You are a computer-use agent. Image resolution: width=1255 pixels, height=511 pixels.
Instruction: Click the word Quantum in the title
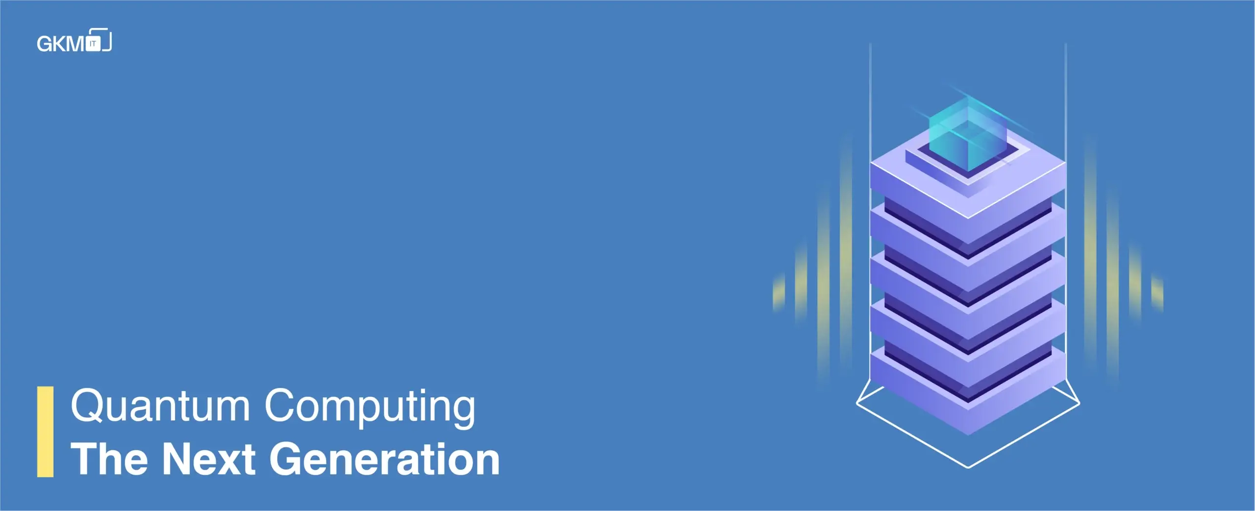click(160, 406)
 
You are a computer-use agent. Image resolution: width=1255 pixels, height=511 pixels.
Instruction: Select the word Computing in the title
click(370, 408)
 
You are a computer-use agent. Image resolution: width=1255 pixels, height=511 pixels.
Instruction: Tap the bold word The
click(109, 459)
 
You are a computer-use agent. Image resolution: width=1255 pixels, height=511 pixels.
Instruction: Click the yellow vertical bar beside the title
click(45, 432)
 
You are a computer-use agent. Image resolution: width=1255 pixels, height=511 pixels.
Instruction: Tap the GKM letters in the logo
click(61, 44)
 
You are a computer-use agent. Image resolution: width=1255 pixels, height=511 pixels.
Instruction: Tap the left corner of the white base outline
click(857, 403)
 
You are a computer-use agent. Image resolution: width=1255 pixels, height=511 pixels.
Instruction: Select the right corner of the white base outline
click(1079, 403)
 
